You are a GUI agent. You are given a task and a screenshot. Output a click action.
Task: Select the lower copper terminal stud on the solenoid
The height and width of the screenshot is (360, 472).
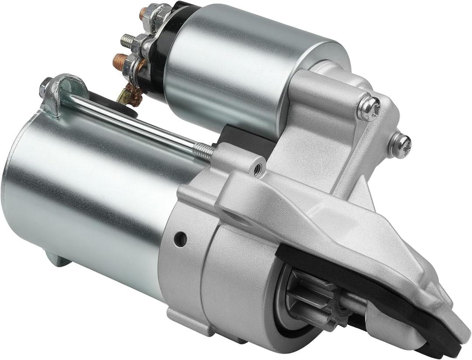(x=118, y=62)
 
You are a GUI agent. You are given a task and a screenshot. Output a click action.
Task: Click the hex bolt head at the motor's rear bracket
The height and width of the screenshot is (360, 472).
(x=45, y=88)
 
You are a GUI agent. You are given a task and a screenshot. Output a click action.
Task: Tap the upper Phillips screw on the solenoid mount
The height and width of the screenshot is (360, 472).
(x=368, y=108)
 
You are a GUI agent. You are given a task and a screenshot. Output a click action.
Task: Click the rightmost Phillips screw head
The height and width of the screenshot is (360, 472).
(x=399, y=144)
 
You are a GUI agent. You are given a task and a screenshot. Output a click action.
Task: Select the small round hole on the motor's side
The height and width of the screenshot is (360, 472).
(x=180, y=239)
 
